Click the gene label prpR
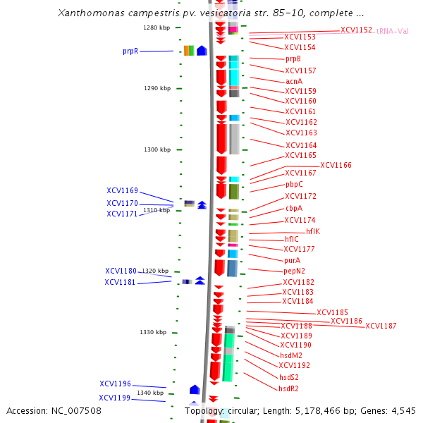pos(130,51)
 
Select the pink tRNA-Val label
pos(393,31)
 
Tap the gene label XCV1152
pos(356,30)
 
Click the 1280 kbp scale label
pos(157,27)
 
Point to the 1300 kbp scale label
pos(157,149)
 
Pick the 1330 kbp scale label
pos(153,332)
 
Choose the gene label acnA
pos(293,81)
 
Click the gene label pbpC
pos(294,184)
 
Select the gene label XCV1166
pos(336,165)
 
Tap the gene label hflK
pos(313,231)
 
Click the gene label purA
pos(293,260)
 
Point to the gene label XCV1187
pos(381,326)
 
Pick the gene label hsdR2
pos(288,388)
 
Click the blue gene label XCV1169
pos(122,190)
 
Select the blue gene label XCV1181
pos(121,282)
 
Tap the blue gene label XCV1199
pos(115,398)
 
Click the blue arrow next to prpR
pos(202,51)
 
